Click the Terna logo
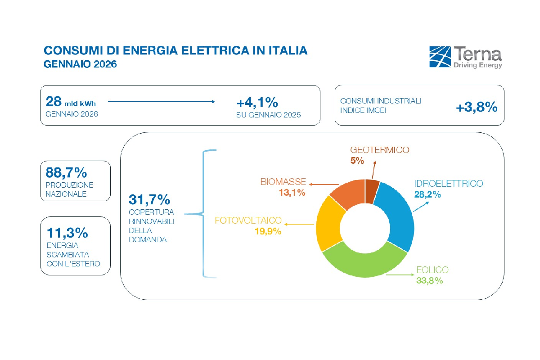coord(466,57)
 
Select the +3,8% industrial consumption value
coord(477,107)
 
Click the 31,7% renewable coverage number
coord(149,199)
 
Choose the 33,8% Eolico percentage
coord(430,280)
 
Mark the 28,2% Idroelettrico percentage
coord(427,194)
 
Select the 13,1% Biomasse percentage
coord(292,192)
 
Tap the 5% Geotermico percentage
coord(357,160)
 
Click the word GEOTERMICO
coord(380,150)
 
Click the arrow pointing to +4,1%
coord(162,102)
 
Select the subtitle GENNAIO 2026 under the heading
coord(80,64)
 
